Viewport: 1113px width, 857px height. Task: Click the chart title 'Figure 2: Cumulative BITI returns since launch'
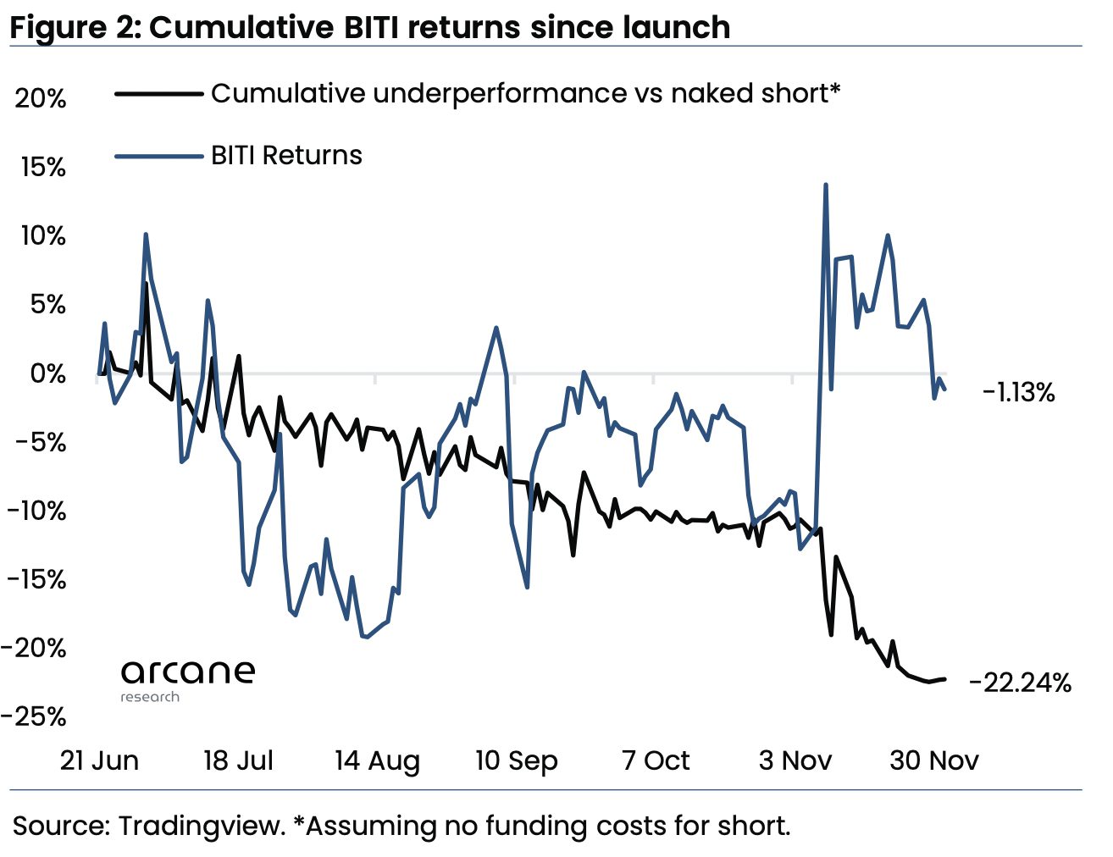(370, 27)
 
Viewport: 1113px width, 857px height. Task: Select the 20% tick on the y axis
(40, 98)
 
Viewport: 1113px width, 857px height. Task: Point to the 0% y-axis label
(47, 373)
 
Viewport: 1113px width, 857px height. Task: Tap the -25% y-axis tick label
(34, 716)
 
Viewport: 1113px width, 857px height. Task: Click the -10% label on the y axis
(36, 511)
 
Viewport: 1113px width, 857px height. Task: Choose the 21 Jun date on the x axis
(99, 760)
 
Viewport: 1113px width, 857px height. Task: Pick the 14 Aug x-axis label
(377, 760)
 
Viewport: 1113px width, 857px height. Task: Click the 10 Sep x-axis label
(516, 760)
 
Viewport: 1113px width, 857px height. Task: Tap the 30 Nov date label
(933, 760)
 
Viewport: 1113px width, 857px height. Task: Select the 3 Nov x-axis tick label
(795, 760)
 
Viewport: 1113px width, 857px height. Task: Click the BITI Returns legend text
(286, 156)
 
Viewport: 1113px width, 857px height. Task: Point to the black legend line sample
(158, 94)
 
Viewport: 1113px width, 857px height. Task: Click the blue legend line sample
(158, 157)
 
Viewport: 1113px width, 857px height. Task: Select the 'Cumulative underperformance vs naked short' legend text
(525, 93)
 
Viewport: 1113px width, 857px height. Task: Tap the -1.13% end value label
(1018, 392)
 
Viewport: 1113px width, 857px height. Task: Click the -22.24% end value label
(1020, 683)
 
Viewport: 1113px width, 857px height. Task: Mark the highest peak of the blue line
(825, 185)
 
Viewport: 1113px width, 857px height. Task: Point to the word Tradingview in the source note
(202, 826)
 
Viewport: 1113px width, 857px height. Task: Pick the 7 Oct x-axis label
(656, 760)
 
